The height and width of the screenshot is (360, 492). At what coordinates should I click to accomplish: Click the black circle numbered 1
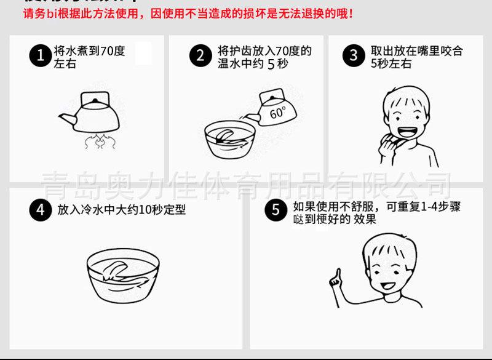point(40,57)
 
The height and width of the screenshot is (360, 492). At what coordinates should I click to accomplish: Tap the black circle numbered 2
point(200,57)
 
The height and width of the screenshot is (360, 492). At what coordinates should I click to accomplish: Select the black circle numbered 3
point(353,57)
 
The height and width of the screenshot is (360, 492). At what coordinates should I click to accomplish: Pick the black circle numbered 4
point(40,210)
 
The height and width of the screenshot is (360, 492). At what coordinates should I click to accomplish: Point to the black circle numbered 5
point(276,210)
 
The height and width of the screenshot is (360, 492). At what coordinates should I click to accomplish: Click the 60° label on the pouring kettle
point(277,113)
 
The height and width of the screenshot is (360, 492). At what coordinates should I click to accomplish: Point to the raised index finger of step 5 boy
point(337,273)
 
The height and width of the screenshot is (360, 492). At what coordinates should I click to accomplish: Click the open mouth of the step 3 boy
point(407,132)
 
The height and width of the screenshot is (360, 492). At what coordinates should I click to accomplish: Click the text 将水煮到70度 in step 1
point(90,51)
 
